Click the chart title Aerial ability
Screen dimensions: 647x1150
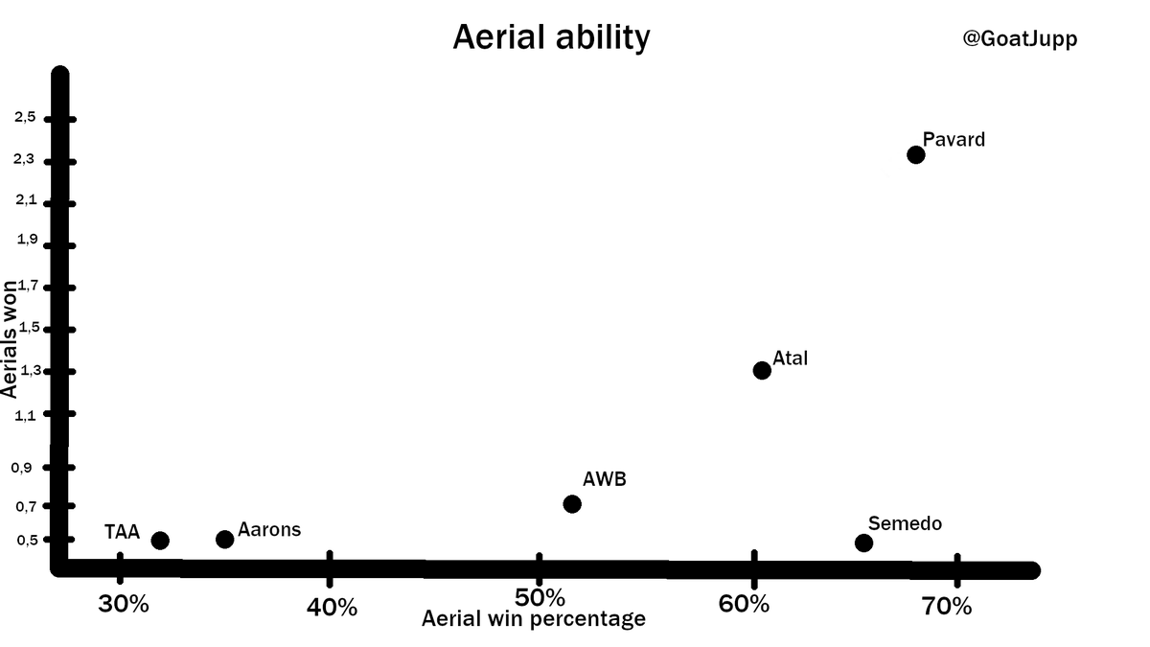(x=551, y=37)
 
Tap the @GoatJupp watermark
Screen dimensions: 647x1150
(x=1020, y=39)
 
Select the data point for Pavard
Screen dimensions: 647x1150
(x=915, y=154)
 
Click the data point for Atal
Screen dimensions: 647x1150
(x=762, y=370)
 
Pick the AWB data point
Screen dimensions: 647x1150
(x=572, y=504)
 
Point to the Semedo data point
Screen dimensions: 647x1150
(x=863, y=543)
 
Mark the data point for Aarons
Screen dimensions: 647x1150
(x=225, y=540)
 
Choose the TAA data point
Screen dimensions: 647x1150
(x=160, y=541)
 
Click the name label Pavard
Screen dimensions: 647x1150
(x=954, y=140)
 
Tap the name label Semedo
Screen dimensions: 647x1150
(x=905, y=523)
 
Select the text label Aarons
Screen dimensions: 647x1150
(x=269, y=529)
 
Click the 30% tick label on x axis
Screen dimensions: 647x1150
(x=124, y=605)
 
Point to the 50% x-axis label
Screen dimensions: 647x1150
(x=540, y=598)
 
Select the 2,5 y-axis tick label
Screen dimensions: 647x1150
(x=24, y=118)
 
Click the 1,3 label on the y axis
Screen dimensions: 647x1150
(x=24, y=371)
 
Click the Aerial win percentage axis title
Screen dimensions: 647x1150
(x=534, y=619)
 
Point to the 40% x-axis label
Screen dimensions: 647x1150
(x=333, y=607)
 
